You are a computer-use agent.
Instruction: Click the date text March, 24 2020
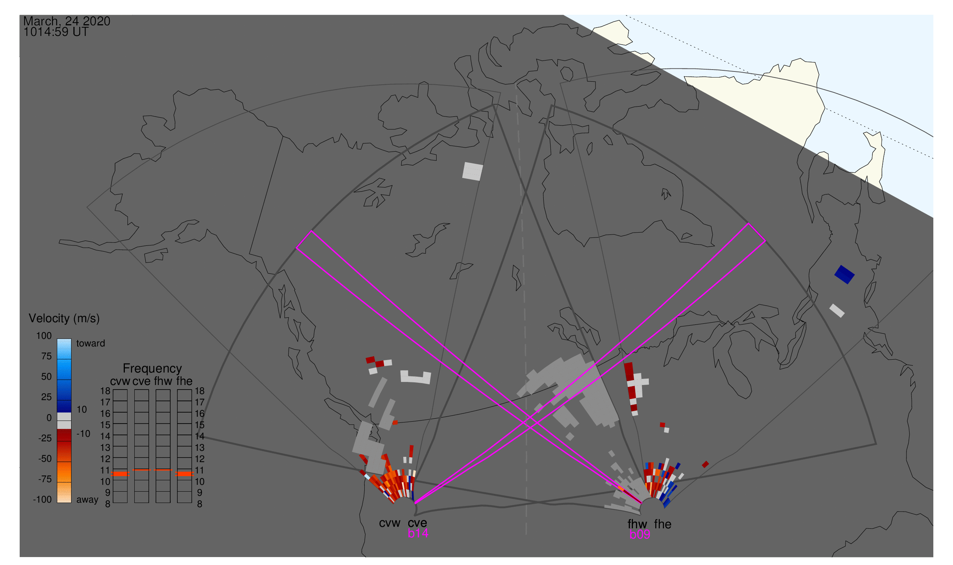tap(67, 21)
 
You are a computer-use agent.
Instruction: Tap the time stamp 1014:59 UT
tap(56, 32)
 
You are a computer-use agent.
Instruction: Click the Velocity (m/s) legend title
tap(64, 319)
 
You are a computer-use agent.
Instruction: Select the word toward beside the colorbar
tap(91, 343)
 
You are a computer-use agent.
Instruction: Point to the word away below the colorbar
tap(87, 500)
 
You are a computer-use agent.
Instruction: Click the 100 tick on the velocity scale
tap(44, 336)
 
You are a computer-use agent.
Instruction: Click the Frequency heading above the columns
tap(152, 369)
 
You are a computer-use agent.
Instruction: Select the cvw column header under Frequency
tap(120, 382)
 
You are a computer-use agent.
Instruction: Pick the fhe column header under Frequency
tap(184, 382)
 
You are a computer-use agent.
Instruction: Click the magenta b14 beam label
tap(418, 534)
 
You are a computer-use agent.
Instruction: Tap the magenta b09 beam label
tap(639, 535)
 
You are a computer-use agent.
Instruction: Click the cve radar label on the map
tap(417, 523)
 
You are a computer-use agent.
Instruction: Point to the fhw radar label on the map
tap(637, 524)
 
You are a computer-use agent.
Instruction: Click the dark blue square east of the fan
tap(844, 275)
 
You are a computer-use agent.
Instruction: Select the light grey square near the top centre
tap(473, 171)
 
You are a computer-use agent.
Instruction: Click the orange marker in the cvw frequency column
tap(120, 474)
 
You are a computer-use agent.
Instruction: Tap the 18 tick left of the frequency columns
tap(105, 391)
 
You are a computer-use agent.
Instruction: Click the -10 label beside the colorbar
tap(83, 434)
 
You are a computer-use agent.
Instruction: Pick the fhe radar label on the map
tap(663, 524)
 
